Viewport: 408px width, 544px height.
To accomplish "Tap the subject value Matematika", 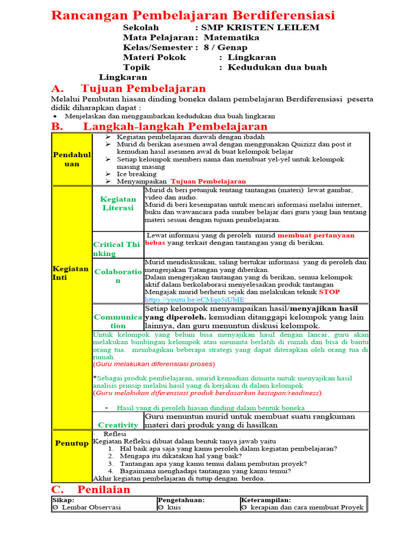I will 232,38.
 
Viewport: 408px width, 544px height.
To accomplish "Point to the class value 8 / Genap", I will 225,47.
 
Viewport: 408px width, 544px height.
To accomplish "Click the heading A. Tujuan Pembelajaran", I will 128,88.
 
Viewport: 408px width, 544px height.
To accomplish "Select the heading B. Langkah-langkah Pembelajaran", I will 159,126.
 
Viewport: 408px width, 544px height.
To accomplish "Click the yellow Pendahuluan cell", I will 71,159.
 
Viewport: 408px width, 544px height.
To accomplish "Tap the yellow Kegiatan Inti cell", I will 71,273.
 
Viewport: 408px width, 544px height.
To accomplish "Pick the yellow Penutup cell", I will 71,443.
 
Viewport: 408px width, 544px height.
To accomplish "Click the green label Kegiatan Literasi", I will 118,203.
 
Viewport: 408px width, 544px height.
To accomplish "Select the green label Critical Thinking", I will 117,249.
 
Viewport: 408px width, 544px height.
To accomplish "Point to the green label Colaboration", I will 118,276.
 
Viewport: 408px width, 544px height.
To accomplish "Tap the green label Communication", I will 118,321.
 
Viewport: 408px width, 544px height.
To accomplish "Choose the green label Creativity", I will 118,425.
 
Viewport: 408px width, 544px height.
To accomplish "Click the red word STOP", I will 329,292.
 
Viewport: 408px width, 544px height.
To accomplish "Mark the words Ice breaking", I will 137,174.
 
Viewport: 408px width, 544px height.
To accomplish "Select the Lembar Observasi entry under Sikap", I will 89,507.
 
